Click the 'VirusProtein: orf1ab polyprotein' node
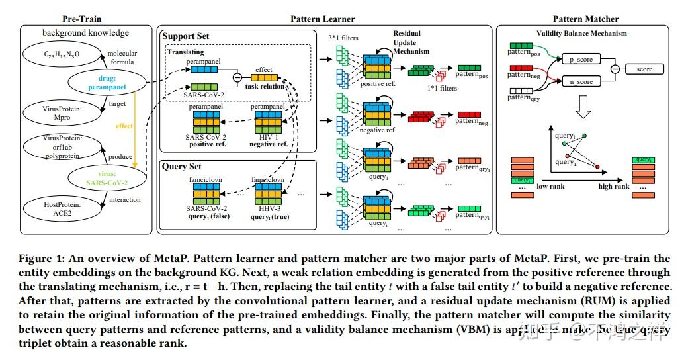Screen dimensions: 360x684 point(54,146)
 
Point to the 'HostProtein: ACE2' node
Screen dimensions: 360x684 point(54,210)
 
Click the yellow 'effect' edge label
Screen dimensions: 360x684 point(124,125)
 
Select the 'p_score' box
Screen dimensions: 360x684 point(581,59)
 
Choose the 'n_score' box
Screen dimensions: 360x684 point(581,81)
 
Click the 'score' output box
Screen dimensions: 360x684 point(644,69)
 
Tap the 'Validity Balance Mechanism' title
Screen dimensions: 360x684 point(581,34)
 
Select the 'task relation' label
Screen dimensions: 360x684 point(264,87)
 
